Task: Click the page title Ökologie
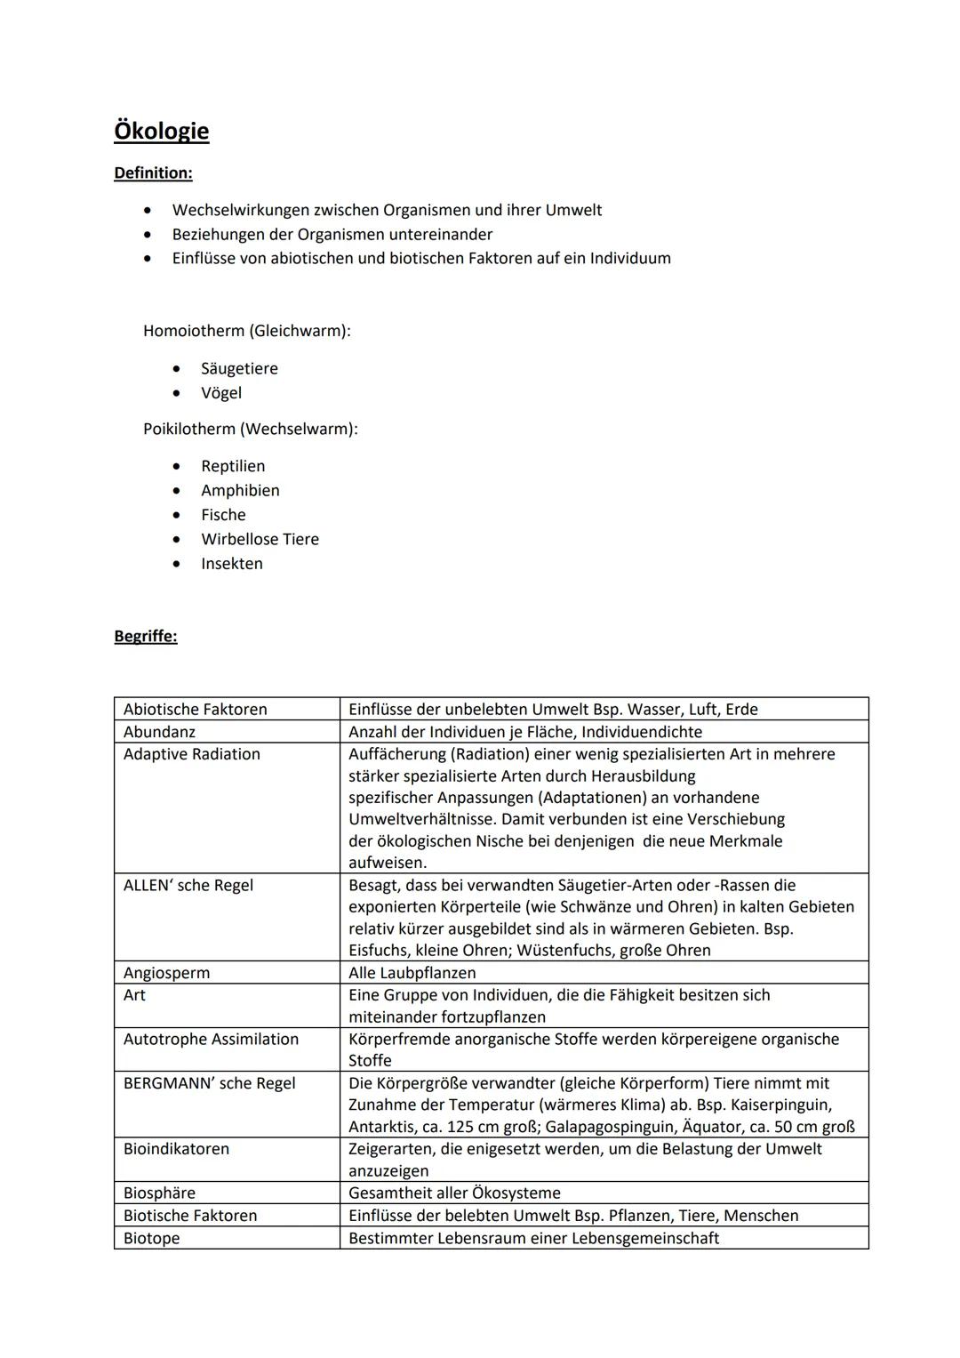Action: [x=161, y=131]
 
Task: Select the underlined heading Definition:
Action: [x=153, y=173]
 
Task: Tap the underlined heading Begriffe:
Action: [x=145, y=636]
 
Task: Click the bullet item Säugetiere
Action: [x=239, y=368]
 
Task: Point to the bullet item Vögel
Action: [x=220, y=392]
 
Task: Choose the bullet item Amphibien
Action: [x=240, y=490]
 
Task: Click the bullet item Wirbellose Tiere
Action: [x=260, y=539]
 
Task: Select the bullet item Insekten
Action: [x=231, y=563]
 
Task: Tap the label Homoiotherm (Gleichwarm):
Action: [x=246, y=331]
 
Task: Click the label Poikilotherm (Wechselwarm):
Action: [x=250, y=429]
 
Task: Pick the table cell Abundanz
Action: [x=159, y=732]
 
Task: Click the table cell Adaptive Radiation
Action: [x=191, y=754]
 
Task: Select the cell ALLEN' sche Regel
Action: [x=188, y=885]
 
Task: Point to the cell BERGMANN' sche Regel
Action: [x=209, y=1083]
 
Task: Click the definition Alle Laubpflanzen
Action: [x=412, y=973]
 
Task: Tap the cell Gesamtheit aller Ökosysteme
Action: [x=454, y=1193]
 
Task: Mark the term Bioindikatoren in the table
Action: [x=176, y=1149]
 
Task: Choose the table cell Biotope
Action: [x=151, y=1238]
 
